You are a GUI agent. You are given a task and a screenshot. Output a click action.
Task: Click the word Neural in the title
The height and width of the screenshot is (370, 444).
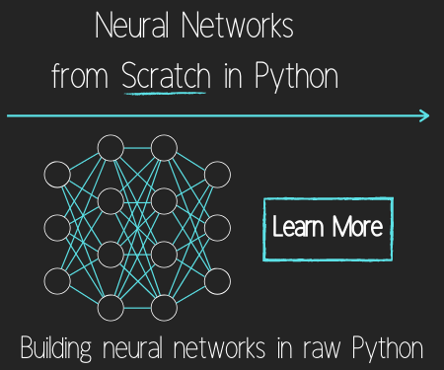click(x=132, y=25)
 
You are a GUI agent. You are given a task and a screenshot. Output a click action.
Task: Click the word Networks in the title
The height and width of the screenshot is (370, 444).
click(x=237, y=25)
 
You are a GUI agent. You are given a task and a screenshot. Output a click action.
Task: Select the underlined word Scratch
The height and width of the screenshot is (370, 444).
click(x=166, y=75)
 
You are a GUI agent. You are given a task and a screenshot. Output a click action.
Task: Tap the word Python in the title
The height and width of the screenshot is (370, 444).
click(x=296, y=76)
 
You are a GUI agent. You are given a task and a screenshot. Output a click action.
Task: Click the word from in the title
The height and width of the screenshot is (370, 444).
click(x=80, y=75)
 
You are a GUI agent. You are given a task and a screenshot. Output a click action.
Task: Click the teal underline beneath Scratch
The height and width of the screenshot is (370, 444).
click(x=165, y=94)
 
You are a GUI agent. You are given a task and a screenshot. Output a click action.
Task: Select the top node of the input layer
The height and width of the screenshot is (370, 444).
click(x=57, y=175)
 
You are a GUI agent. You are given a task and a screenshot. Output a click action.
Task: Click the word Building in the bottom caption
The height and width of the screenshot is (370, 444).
click(x=56, y=348)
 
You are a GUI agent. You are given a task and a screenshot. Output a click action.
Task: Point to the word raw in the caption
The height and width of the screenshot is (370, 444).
click(x=322, y=349)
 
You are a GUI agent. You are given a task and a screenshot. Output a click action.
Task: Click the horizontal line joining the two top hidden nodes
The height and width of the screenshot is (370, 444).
click(x=137, y=148)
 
